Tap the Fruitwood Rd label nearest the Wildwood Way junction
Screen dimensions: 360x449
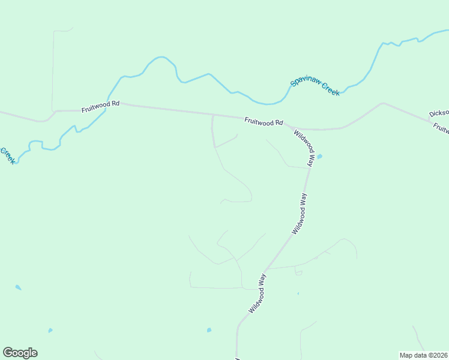pyautogui.click(x=264, y=121)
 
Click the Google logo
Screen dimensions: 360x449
pyautogui.click(x=20, y=352)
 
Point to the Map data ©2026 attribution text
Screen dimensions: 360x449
pyautogui.click(x=423, y=355)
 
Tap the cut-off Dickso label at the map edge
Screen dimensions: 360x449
pyautogui.click(x=439, y=113)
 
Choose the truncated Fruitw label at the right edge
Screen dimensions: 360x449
pyautogui.click(x=441, y=128)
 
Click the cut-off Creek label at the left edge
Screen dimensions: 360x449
pyautogui.click(x=7, y=156)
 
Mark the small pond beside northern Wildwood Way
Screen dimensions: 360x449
pyautogui.click(x=319, y=157)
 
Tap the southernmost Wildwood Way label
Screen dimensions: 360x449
pyautogui.click(x=258, y=293)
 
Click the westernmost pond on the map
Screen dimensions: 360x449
pyautogui.click(x=18, y=287)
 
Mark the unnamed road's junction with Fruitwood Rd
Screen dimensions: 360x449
pyautogui.click(x=212, y=115)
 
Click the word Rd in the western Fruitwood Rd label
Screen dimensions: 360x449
pyautogui.click(x=115, y=103)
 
